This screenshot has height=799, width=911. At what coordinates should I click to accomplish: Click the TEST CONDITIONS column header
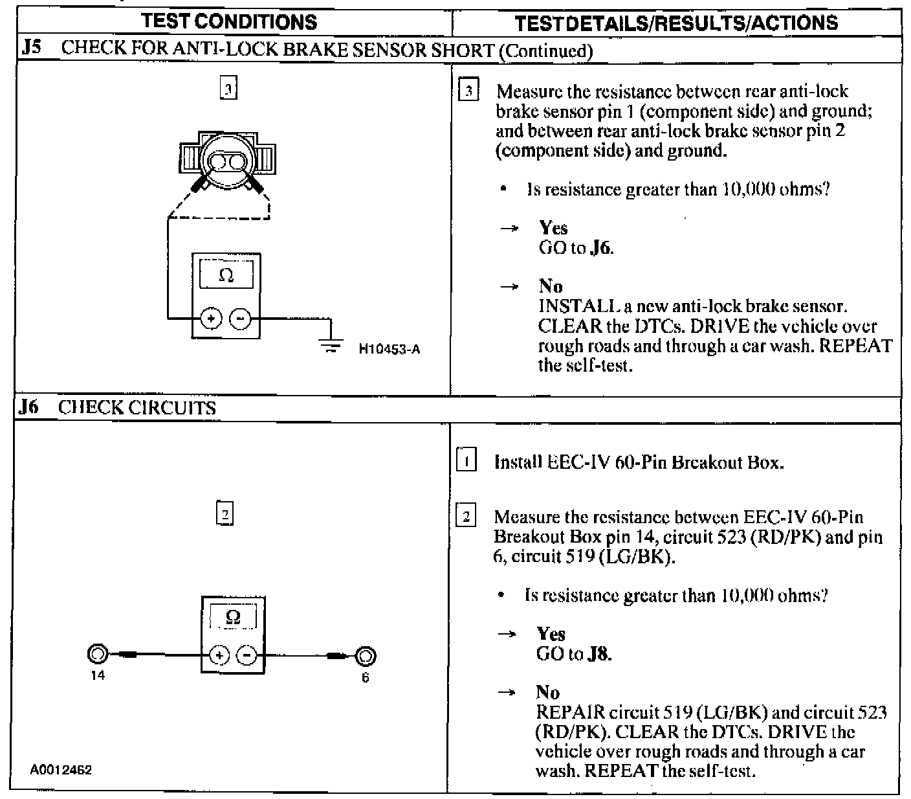tap(230, 21)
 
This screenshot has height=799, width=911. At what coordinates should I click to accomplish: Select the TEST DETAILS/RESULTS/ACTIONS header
tap(676, 23)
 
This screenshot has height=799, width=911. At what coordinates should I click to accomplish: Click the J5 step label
tap(31, 49)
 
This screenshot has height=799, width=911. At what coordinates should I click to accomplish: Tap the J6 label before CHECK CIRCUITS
tap(30, 407)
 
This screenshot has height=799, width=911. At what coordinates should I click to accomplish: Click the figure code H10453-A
tap(390, 350)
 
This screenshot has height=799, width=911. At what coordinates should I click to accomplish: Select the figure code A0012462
tap(61, 770)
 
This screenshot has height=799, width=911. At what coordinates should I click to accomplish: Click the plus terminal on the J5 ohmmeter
tap(212, 319)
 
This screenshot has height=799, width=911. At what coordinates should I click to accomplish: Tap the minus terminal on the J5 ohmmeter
tap(240, 319)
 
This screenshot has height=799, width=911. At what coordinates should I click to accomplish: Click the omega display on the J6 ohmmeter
tap(232, 617)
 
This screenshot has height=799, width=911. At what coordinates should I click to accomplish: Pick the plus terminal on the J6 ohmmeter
tap(219, 655)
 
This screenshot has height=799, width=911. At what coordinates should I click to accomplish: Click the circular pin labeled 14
tap(97, 655)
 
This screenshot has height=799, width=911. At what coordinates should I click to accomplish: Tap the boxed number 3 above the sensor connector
tap(228, 88)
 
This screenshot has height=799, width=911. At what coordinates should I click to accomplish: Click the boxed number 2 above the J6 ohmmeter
tap(224, 515)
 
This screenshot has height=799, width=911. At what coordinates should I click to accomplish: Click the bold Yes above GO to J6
tap(553, 228)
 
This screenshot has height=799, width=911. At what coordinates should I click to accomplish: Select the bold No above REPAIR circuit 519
tap(547, 692)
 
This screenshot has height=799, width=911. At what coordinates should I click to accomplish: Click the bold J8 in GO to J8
tap(599, 654)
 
